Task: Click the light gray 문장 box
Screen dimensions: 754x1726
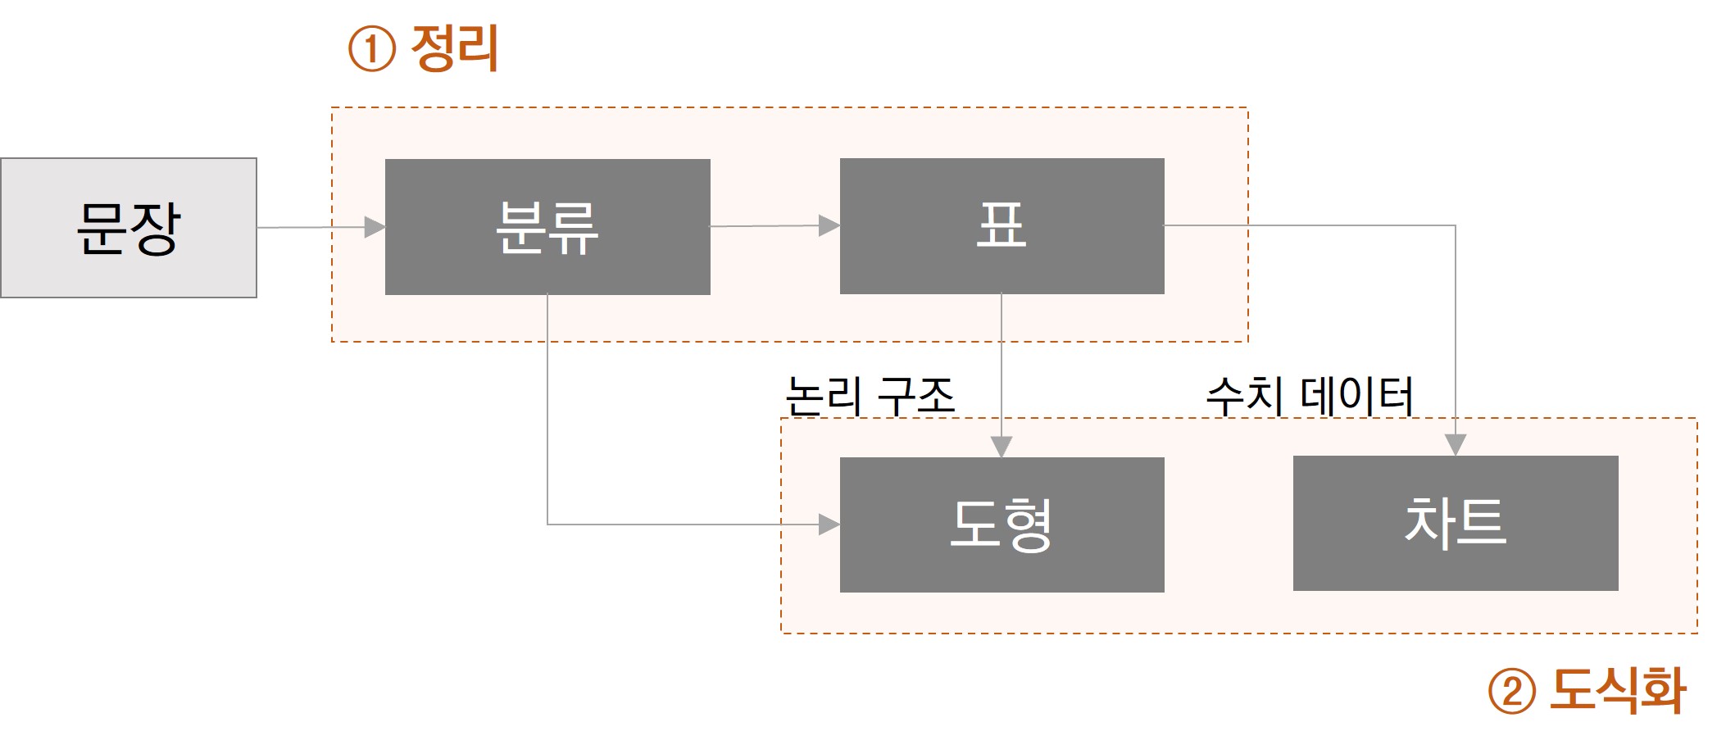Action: pyautogui.click(x=129, y=228)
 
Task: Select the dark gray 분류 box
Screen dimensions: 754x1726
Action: pyautogui.click(x=547, y=227)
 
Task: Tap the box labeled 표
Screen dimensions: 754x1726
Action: pyautogui.click(x=1002, y=226)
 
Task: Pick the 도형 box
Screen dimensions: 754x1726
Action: pyautogui.click(x=1002, y=525)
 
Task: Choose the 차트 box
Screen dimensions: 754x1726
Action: pyautogui.click(x=1455, y=523)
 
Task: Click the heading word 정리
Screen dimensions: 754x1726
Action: pyautogui.click(x=455, y=48)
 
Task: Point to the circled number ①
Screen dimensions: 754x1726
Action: pyautogui.click(x=372, y=49)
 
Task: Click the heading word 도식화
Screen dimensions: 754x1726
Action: pyautogui.click(x=1618, y=690)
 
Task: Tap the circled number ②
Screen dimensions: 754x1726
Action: pyautogui.click(x=1511, y=691)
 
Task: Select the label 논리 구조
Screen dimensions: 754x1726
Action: pyautogui.click(x=870, y=396)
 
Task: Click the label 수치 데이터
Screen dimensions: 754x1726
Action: pyautogui.click(x=1310, y=396)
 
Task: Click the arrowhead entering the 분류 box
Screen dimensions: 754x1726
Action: pyautogui.click(x=375, y=227)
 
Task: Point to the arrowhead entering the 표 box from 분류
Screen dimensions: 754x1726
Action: pyautogui.click(x=829, y=225)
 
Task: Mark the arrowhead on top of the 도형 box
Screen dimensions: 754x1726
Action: pyautogui.click(x=1002, y=447)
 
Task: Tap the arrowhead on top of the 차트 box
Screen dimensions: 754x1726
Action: pyautogui.click(x=1455, y=445)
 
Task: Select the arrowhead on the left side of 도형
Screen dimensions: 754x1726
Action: pyautogui.click(x=829, y=525)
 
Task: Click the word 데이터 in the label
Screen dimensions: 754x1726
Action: pyautogui.click(x=1356, y=396)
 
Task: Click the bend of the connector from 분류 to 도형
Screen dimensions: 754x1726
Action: pyautogui.click(x=547, y=525)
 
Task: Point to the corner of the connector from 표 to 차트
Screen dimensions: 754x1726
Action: pyautogui.click(x=1455, y=225)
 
